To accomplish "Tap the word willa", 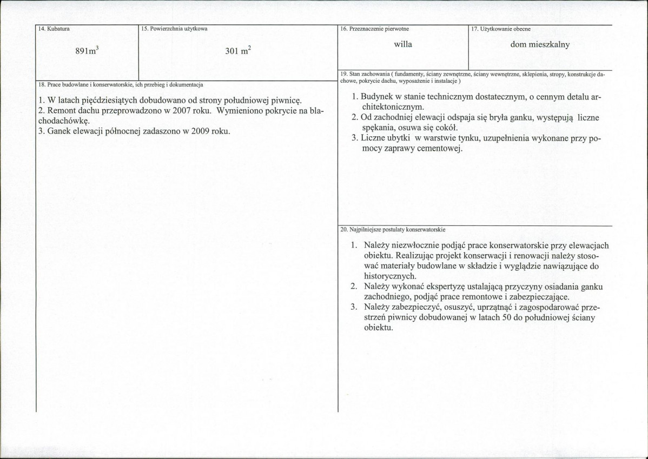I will pyautogui.click(x=403, y=44).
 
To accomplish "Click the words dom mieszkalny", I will pyautogui.click(x=540, y=45).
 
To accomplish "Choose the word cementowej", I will pyautogui.click(x=439, y=148).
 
